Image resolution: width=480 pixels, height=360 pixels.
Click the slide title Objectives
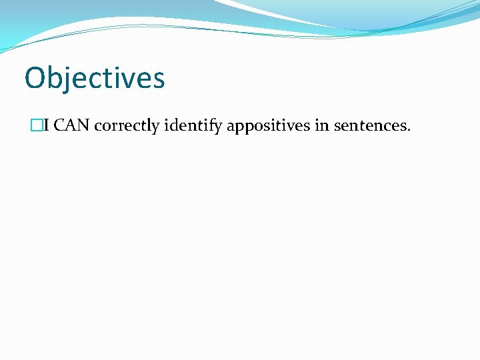(94, 78)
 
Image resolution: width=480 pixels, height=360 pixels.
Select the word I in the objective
(46, 125)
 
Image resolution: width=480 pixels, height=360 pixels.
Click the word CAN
(71, 125)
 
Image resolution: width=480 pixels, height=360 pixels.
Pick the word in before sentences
(321, 125)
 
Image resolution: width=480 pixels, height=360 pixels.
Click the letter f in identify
(212, 125)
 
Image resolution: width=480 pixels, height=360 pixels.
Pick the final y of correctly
(155, 128)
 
